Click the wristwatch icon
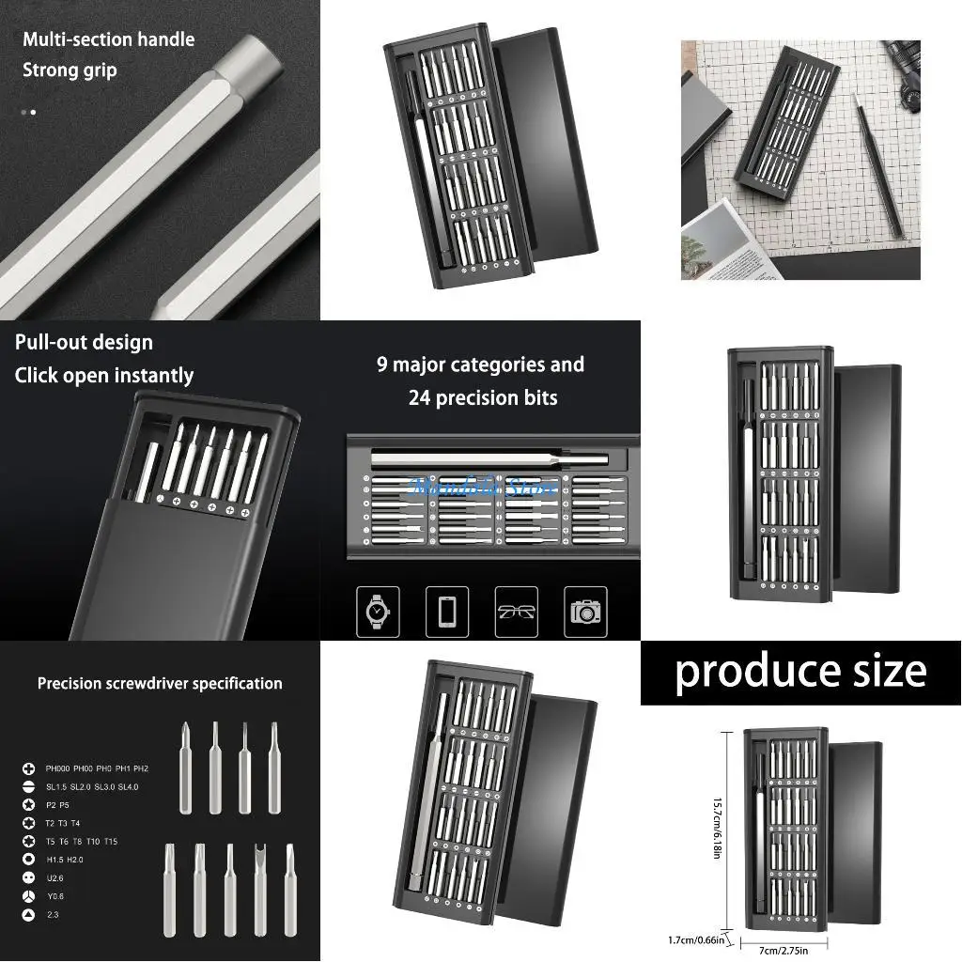point(378,612)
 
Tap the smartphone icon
point(447,612)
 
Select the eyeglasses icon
point(517,612)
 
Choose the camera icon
point(585,612)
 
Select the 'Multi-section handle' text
point(108,39)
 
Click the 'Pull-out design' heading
point(84,343)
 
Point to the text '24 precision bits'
point(483,398)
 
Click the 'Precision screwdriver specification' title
point(160,684)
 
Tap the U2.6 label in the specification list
point(54,877)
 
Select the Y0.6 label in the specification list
point(54,895)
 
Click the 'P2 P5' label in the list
point(58,805)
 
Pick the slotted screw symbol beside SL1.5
point(28,787)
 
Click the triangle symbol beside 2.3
point(28,914)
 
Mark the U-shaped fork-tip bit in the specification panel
point(260,888)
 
